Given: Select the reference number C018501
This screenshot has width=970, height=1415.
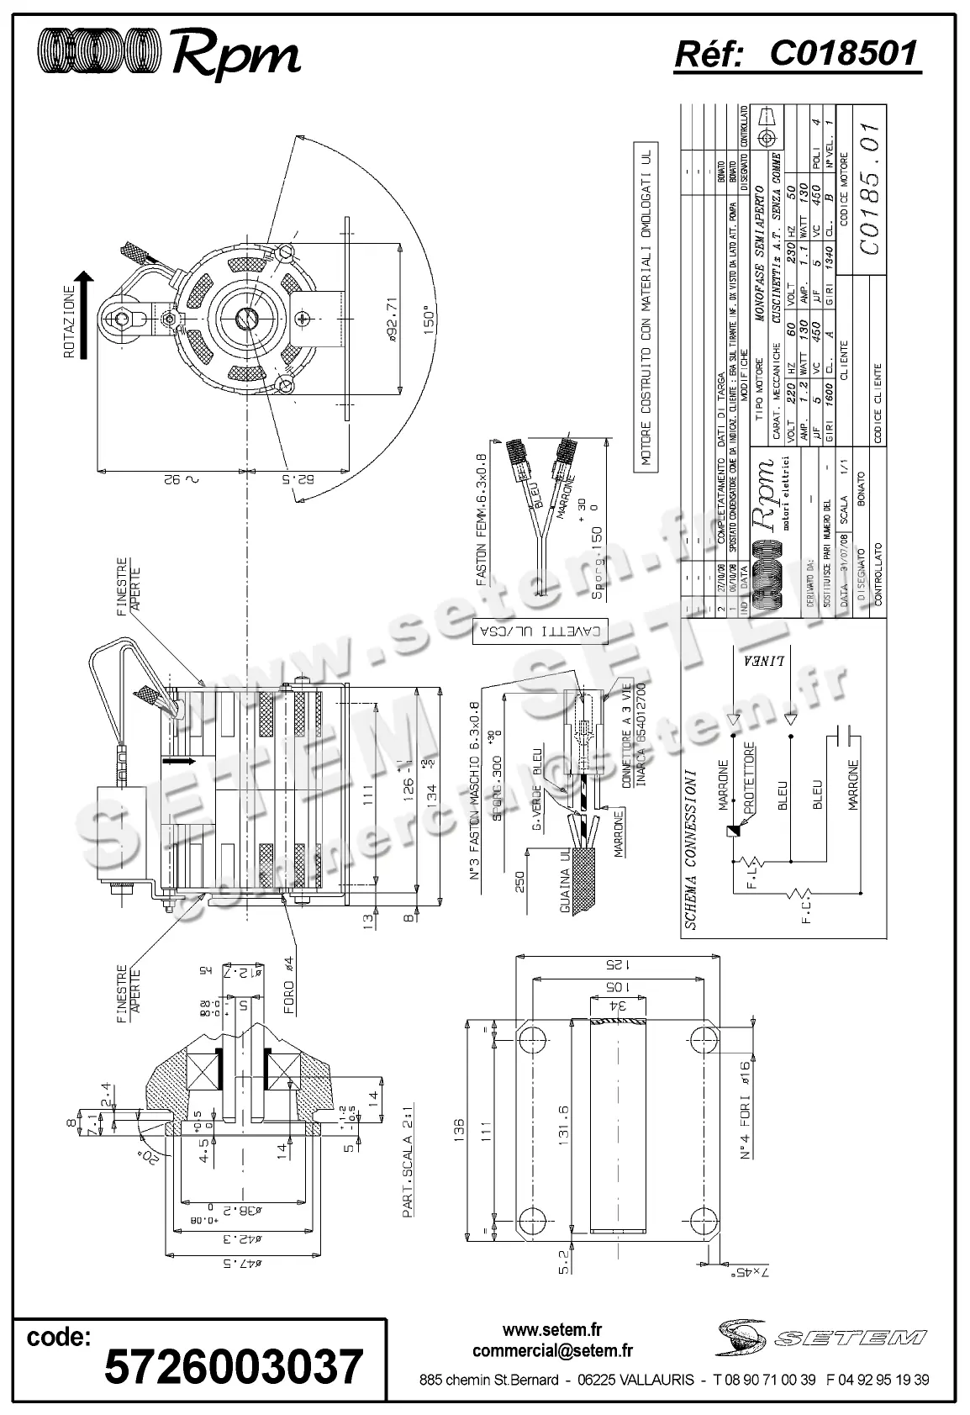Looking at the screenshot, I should [843, 54].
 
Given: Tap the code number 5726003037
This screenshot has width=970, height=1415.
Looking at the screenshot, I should [234, 1366].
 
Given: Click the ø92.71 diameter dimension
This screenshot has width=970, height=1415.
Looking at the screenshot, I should [387, 319].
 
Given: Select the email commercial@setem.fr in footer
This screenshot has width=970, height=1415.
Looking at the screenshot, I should [552, 1351].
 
